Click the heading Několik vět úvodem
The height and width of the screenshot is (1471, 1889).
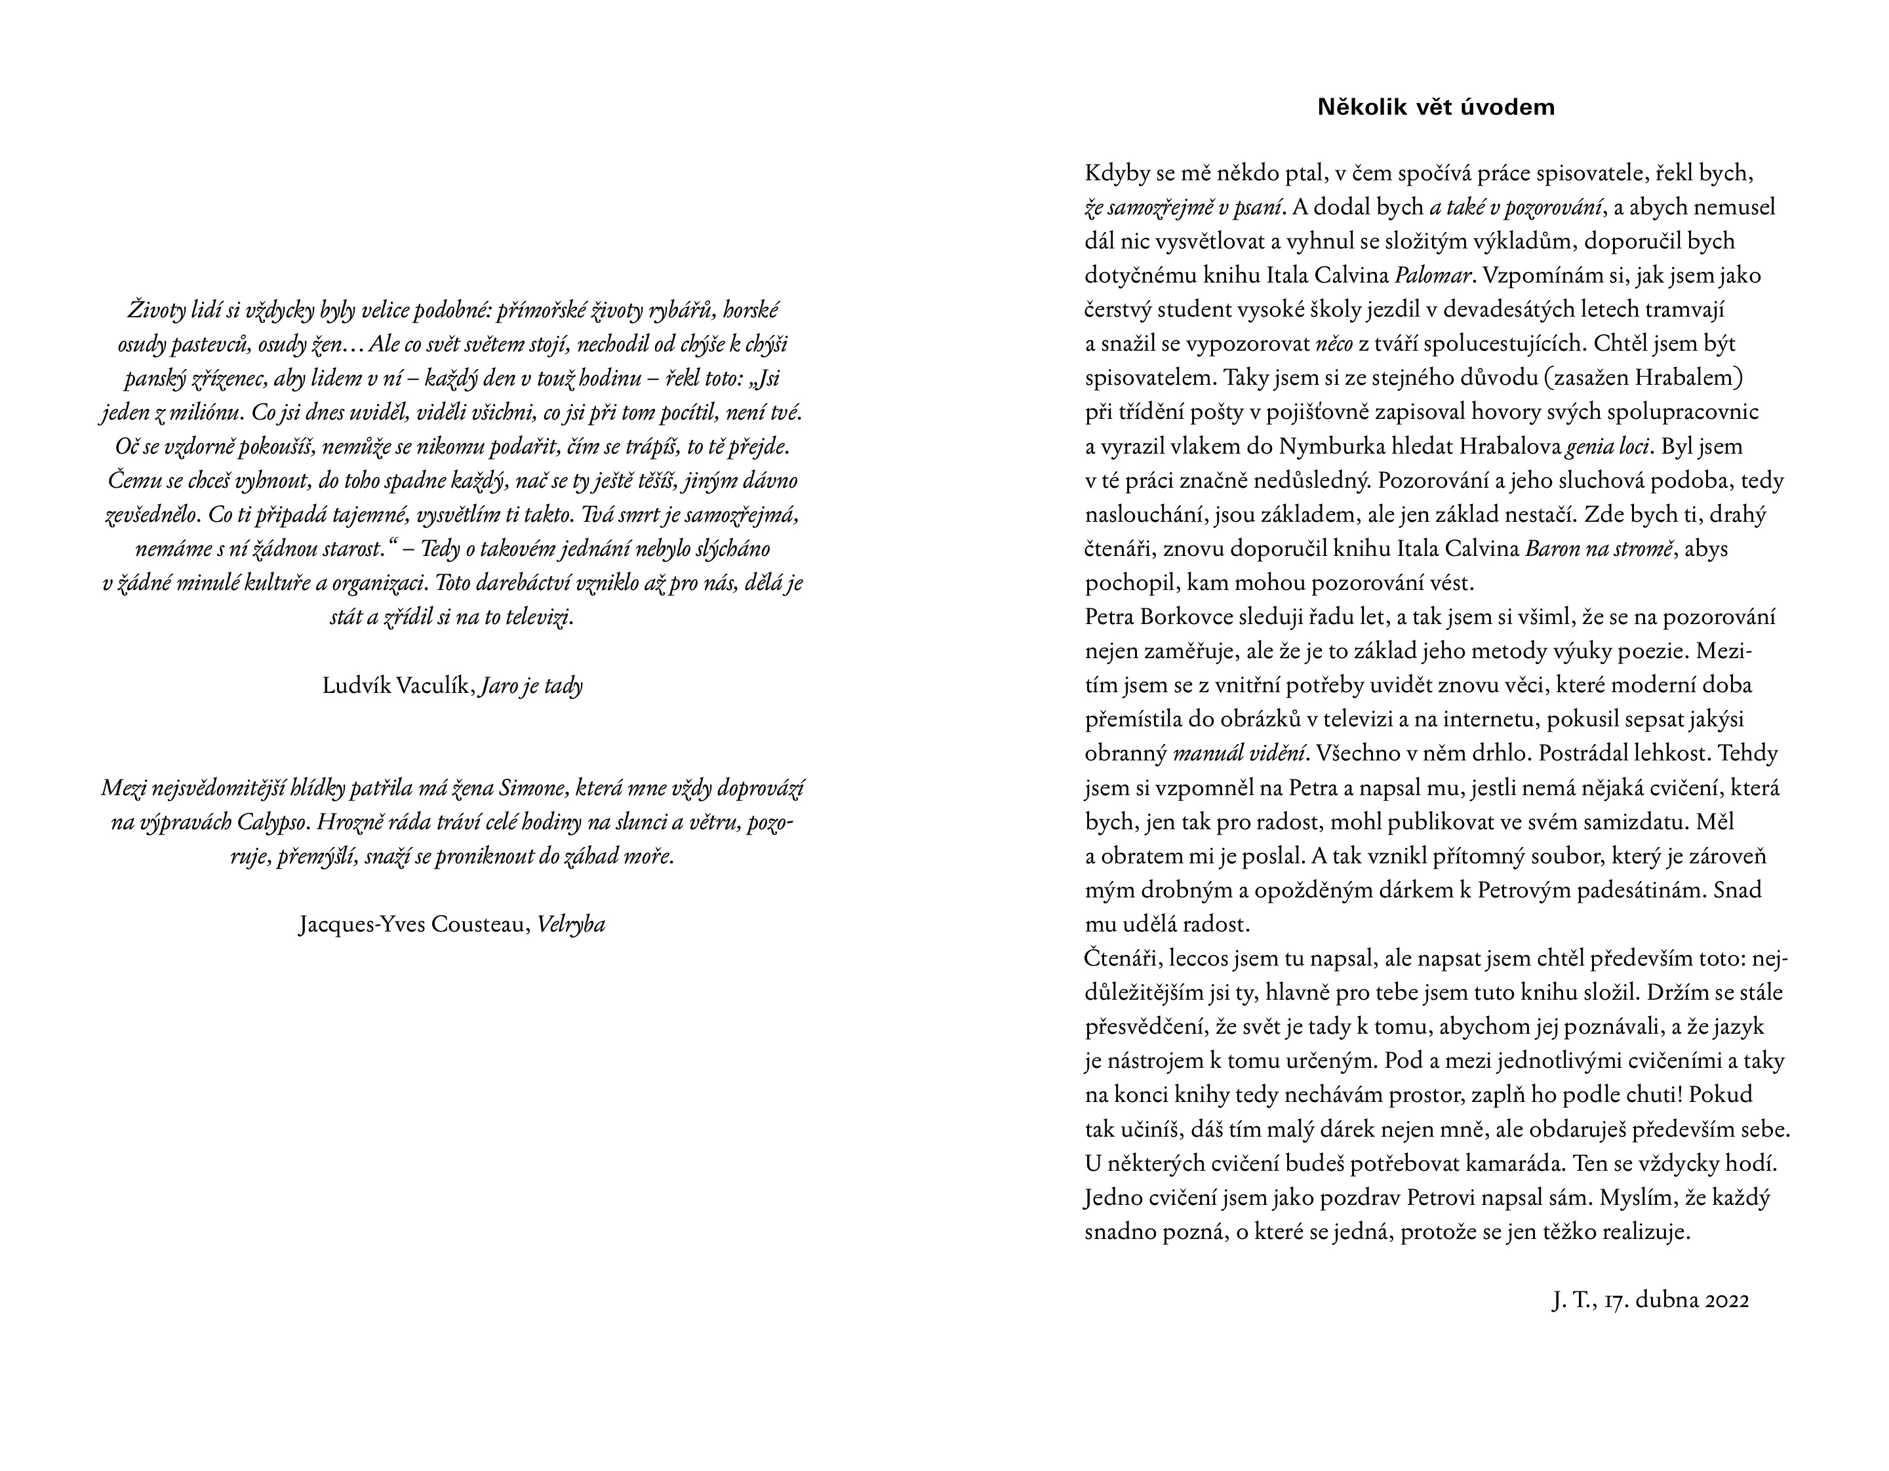1436,108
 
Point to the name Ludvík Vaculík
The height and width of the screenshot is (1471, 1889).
397,686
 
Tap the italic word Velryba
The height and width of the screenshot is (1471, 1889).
571,924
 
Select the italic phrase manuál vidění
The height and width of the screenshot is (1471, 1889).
1239,753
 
